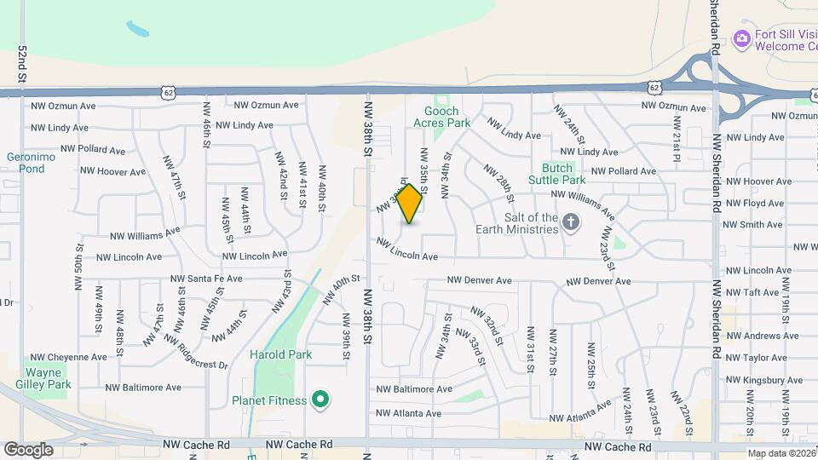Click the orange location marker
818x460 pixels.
[410, 204]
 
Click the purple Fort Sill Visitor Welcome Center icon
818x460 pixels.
[741, 37]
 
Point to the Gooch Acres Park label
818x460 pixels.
[447, 117]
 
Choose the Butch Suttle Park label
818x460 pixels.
[563, 174]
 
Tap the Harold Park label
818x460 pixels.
[280, 354]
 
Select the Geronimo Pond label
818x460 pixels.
[25, 163]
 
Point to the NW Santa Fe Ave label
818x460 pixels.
[206, 279]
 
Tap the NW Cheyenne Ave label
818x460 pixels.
[68, 358]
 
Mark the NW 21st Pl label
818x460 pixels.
[676, 132]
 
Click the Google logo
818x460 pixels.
[28, 450]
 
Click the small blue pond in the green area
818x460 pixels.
[138, 29]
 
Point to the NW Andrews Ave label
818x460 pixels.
[760, 336]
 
